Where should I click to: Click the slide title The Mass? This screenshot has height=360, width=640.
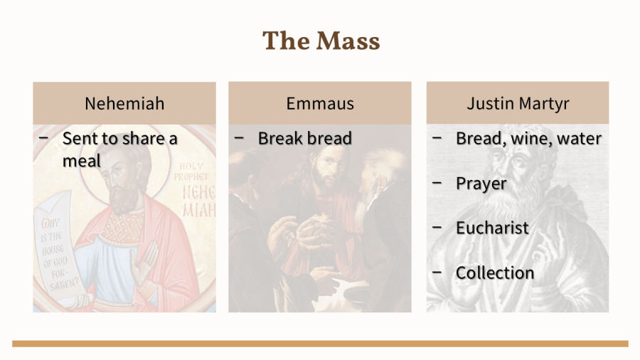321,41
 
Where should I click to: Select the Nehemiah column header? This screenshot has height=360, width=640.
124,103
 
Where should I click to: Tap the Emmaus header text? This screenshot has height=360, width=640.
320,103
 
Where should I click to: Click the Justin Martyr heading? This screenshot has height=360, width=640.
518,104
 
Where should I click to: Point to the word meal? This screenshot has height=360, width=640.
81,160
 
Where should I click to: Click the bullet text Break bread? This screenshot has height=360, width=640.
305,138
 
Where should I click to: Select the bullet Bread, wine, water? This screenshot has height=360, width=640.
528,138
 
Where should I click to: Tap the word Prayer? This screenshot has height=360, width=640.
481,184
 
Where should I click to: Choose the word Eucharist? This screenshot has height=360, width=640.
492,228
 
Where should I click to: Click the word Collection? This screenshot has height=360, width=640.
495,272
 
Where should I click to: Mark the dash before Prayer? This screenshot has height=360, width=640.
437,183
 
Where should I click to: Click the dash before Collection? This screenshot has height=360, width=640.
437,272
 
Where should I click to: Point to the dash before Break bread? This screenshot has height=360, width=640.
239,138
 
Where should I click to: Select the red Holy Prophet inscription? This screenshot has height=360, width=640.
191,171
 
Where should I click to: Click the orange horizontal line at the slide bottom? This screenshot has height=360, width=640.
320,344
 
